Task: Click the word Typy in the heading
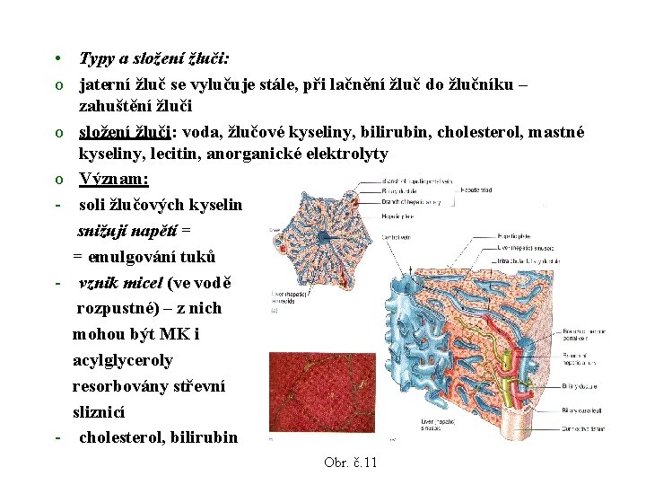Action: [x=97, y=59]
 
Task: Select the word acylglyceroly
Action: [x=123, y=360]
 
